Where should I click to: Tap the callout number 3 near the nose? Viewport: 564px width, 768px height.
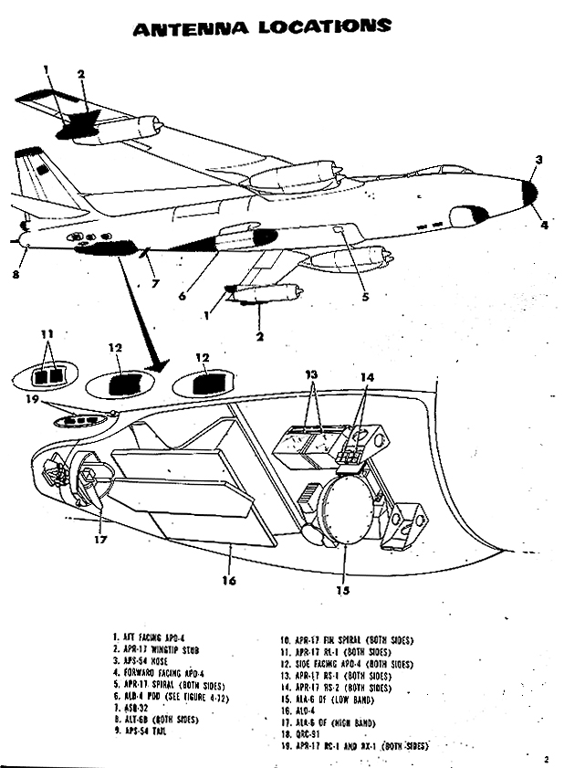pyautogui.click(x=539, y=161)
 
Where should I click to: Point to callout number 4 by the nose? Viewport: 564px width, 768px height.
pyautogui.click(x=544, y=224)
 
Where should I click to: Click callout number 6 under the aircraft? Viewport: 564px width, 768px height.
pyautogui.click(x=183, y=295)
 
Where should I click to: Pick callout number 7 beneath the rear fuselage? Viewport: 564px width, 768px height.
pyautogui.click(x=155, y=284)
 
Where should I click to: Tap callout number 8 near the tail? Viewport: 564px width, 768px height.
pyautogui.click(x=16, y=271)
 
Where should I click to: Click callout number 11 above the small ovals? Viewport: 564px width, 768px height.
pyautogui.click(x=47, y=334)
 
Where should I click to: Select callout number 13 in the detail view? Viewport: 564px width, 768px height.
pyautogui.click(x=312, y=373)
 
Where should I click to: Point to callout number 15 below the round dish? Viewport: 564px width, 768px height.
pyautogui.click(x=343, y=590)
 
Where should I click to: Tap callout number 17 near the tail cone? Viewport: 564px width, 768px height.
pyautogui.click(x=100, y=539)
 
